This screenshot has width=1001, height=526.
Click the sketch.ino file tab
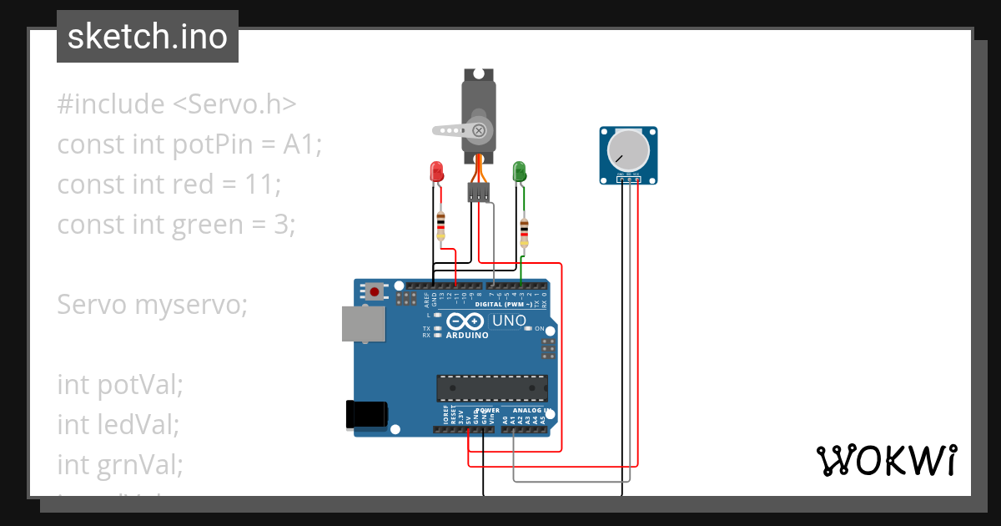(148, 37)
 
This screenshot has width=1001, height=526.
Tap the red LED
(435, 172)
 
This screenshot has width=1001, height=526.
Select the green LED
(519, 172)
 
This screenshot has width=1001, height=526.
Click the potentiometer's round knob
(627, 150)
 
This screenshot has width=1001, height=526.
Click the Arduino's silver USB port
(363, 324)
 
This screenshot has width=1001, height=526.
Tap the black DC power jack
(366, 414)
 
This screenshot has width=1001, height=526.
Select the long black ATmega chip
(492, 388)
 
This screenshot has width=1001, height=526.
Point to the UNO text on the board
(509, 321)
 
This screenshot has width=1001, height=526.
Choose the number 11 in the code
(257, 185)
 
